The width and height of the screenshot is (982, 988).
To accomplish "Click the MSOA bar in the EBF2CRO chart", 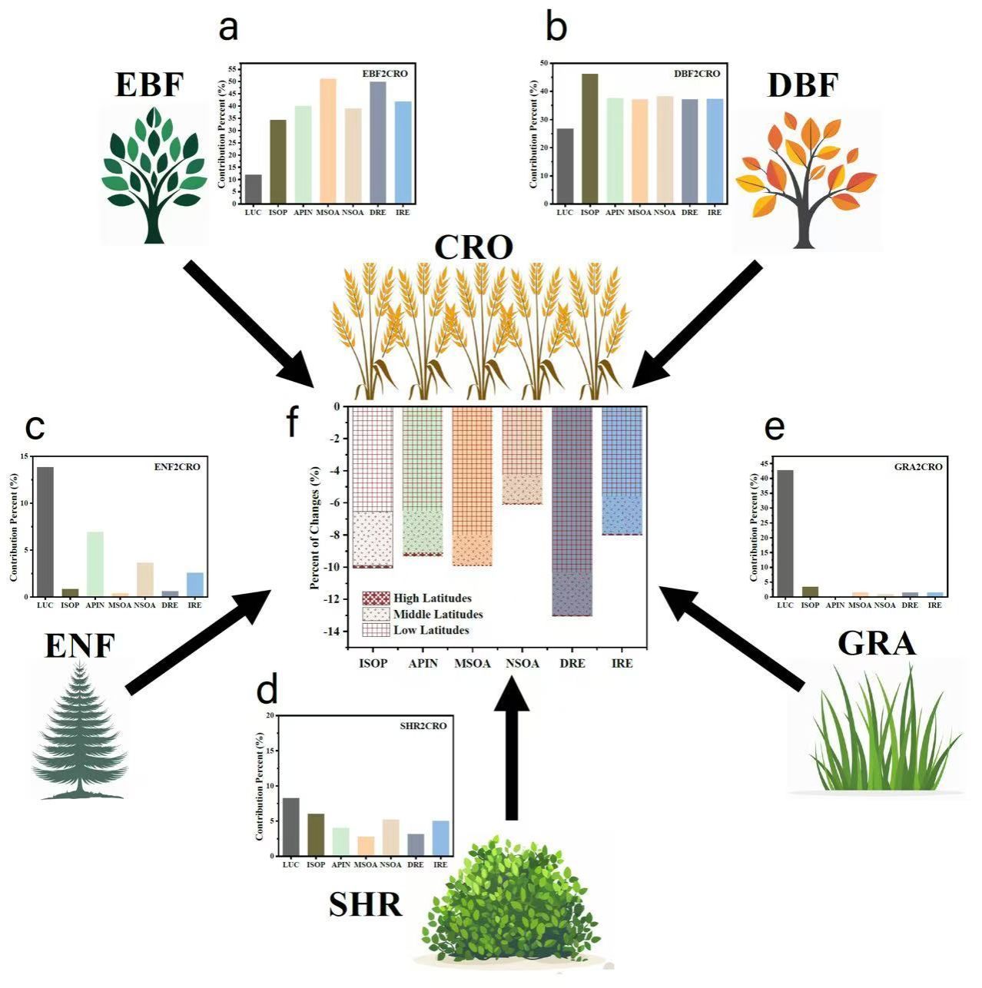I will (328, 141).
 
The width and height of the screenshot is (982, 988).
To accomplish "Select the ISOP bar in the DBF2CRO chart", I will (589, 138).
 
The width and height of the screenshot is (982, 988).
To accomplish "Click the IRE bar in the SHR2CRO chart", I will (440, 838).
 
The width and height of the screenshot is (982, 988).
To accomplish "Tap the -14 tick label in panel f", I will (331, 632).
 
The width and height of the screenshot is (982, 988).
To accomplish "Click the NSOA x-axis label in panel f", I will (523, 663).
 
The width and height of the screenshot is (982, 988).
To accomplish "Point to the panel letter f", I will (292, 422).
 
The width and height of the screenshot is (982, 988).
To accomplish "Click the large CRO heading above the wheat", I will (473, 247).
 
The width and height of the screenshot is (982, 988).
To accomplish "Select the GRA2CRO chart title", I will (918, 466).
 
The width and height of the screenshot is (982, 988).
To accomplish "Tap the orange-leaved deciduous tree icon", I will (806, 181).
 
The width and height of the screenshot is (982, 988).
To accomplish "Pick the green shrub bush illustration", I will (507, 907).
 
